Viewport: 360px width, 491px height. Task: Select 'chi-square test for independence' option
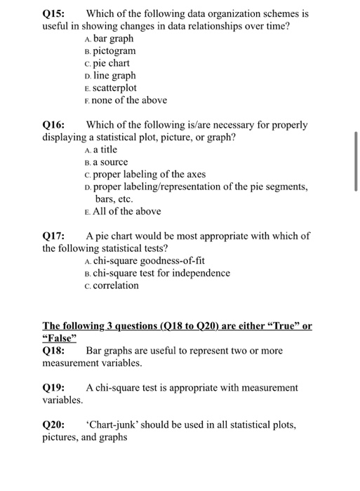(161, 273)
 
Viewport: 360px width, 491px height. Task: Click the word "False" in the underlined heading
(61, 338)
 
